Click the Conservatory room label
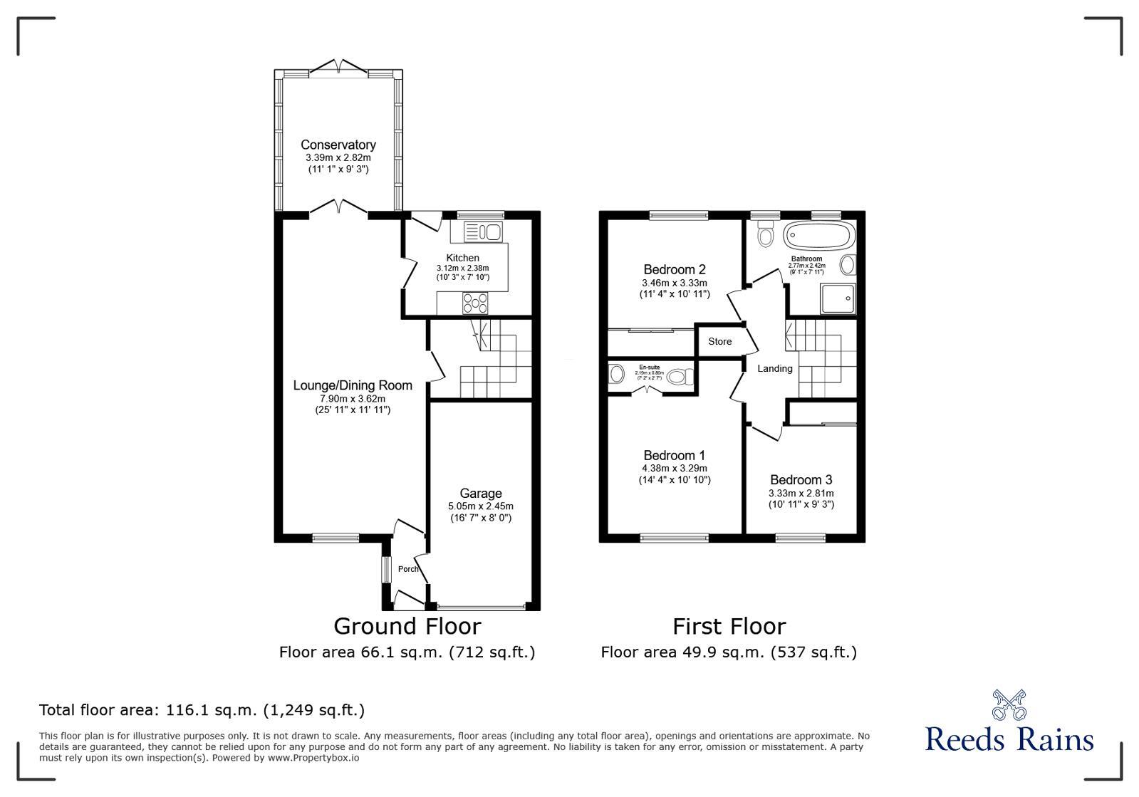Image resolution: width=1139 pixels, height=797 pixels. pos(338,145)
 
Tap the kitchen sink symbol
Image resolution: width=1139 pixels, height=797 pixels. pos(483,231)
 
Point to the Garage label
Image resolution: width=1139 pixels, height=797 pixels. pos(480,493)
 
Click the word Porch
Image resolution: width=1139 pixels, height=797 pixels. pos(408,569)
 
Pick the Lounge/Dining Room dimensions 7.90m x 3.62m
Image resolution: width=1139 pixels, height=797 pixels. pos(353,399)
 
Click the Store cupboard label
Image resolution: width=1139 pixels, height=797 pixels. pos(719,342)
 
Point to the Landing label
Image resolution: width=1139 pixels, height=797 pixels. pos(774,368)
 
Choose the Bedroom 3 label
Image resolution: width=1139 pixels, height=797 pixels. pos(801,479)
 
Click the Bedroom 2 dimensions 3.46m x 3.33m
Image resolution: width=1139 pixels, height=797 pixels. pos(674,283)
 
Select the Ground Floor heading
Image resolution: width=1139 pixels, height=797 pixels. pos(407,626)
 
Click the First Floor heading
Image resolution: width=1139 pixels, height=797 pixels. pos(729,626)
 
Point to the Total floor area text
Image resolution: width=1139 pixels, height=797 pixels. pos(202,710)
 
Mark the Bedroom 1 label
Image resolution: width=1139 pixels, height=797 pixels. pos(674,455)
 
